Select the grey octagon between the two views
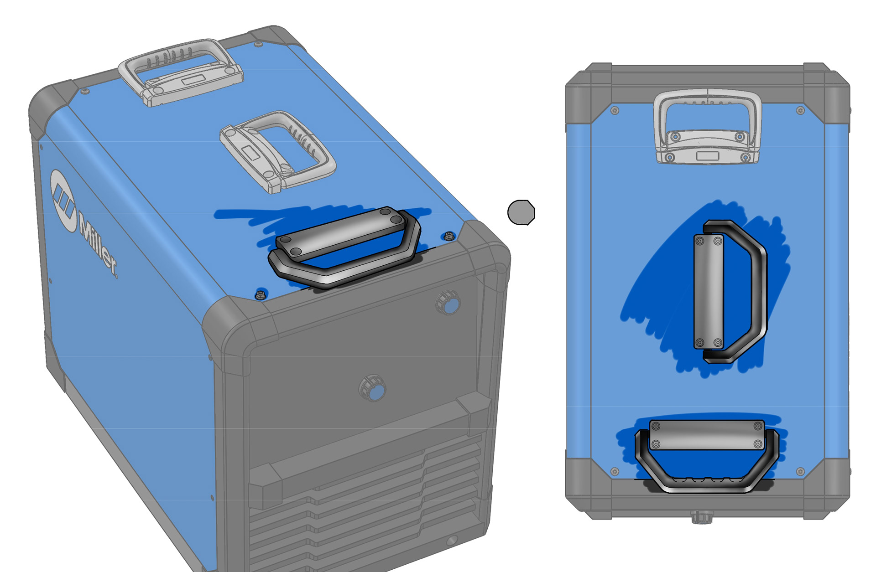(521, 212)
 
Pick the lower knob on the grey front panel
(373, 389)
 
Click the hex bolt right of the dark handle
(449, 236)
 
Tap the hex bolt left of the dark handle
(261, 294)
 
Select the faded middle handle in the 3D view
(278, 152)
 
